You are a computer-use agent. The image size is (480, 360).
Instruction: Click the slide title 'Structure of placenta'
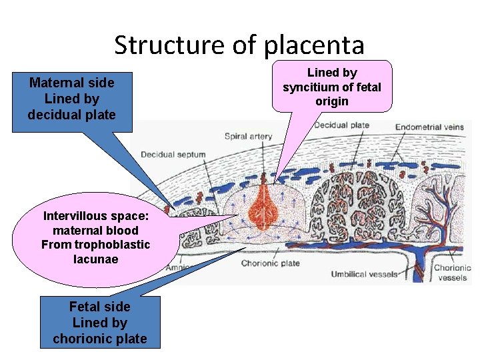coord(239,45)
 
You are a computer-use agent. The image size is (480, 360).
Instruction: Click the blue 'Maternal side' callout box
coord(72,99)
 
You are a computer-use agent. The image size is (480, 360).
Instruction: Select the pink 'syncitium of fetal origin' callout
coord(332,87)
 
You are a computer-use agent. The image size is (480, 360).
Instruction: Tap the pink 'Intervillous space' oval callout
coord(95,237)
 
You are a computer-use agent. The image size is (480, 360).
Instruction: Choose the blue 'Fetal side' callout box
coord(100,323)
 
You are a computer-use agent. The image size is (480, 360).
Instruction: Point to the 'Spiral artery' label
coord(248,137)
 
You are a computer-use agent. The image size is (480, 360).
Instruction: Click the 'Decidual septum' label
coord(173,155)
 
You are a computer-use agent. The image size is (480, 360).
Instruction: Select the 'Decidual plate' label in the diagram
coord(341,125)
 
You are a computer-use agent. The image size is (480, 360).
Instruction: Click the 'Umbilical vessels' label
coord(364,274)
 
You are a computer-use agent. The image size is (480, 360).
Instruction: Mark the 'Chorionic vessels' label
coord(453,273)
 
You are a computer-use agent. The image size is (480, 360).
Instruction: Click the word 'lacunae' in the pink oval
coord(95,259)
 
